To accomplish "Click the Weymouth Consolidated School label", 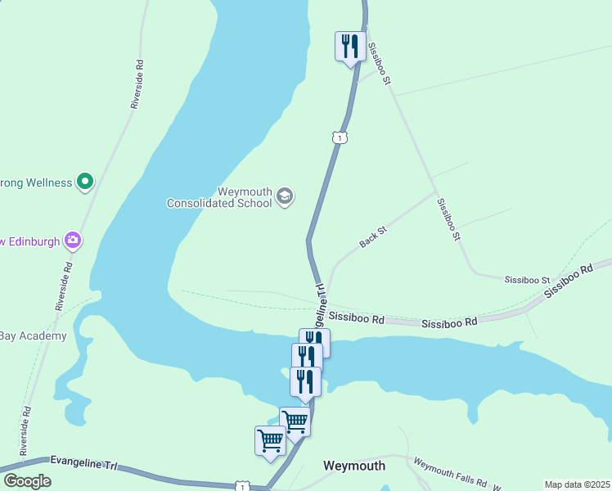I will (219, 196).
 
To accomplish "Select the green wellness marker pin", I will (85, 181).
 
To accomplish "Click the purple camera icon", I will (73, 240).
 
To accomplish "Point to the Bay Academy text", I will (33, 336).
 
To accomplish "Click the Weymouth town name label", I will (354, 466).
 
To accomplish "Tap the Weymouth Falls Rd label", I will (450, 472).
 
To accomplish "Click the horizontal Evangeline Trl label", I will (84, 464).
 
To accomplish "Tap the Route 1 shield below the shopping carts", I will (241, 486).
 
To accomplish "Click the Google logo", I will (28, 481).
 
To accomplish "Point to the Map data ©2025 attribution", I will (576, 484).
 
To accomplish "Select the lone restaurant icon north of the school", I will (350, 46).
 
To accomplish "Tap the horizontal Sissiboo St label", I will (528, 280).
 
